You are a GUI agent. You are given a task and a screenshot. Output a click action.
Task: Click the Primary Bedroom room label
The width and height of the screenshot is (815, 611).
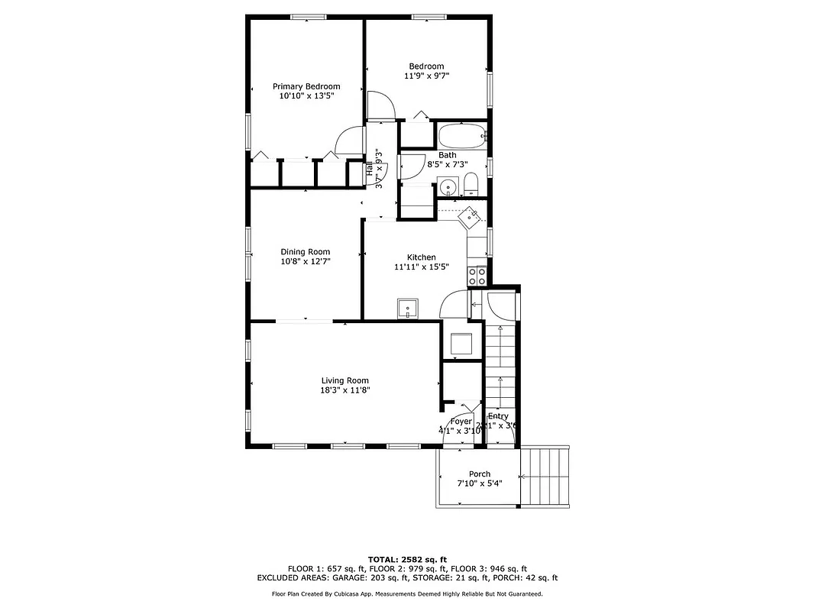pyautogui.click(x=306, y=86)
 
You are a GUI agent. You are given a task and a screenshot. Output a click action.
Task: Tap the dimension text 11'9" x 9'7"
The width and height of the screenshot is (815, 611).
pyautogui.click(x=426, y=76)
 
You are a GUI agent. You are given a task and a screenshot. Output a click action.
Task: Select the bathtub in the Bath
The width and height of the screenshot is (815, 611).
pyautogui.click(x=461, y=136)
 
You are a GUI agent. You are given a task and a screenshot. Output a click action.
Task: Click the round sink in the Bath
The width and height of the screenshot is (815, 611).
pyautogui.click(x=447, y=186)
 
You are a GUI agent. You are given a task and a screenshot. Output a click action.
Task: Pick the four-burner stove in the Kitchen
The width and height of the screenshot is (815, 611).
pyautogui.click(x=477, y=274)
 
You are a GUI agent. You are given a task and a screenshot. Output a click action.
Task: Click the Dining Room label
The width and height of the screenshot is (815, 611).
pyautogui.click(x=305, y=252)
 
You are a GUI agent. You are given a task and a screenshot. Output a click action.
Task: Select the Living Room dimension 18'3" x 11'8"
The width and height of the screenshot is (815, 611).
pyautogui.click(x=344, y=390)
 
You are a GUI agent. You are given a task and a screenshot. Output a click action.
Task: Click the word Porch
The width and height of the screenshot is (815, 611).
pyautogui.click(x=480, y=474)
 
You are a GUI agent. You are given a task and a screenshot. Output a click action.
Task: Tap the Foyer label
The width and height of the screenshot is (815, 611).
pyautogui.click(x=461, y=422)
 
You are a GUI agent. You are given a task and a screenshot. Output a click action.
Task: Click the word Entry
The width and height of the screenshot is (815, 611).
pyautogui.click(x=498, y=416)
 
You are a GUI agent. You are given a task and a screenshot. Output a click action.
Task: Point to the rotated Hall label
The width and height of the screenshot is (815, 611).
pyautogui.click(x=370, y=170)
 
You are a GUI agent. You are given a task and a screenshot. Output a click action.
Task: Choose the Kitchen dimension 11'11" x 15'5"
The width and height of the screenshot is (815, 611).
pyautogui.click(x=421, y=267)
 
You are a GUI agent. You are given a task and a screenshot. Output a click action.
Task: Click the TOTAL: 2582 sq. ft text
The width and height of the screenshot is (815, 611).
pyautogui.click(x=407, y=559)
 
